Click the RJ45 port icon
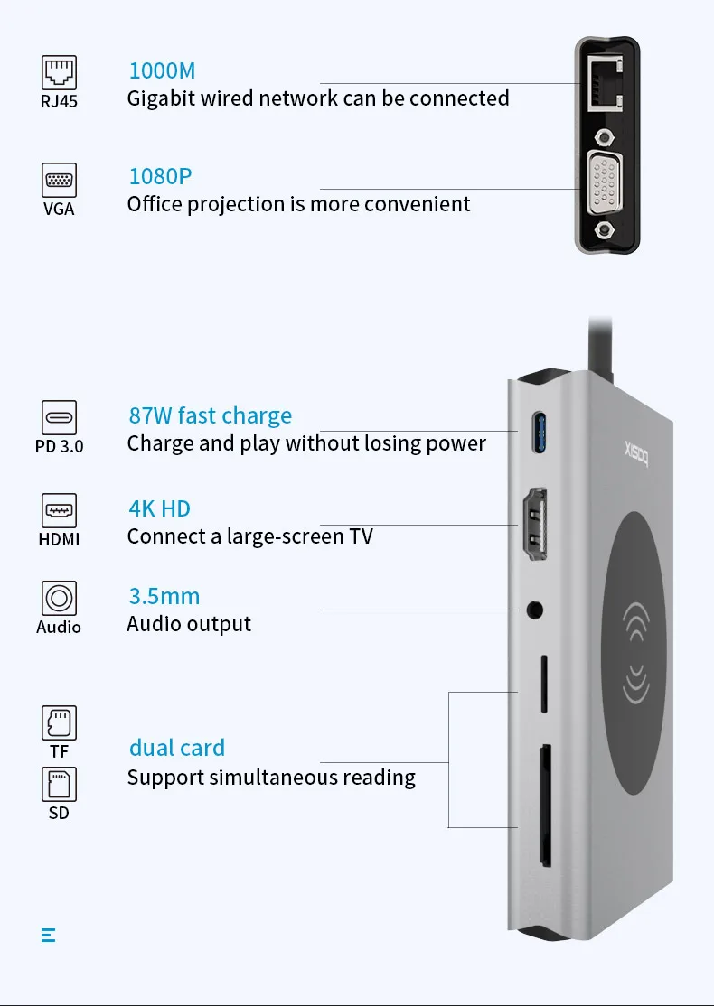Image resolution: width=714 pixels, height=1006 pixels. (x=60, y=72)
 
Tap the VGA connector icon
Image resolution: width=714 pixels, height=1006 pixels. (x=60, y=180)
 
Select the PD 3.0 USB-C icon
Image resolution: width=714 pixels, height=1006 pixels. (x=60, y=417)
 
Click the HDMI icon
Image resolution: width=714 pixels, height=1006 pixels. (x=60, y=510)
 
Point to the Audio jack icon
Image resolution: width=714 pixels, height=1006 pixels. (x=60, y=598)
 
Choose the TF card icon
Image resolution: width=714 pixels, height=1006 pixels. (x=60, y=722)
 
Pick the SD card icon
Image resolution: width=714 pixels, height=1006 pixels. (x=60, y=784)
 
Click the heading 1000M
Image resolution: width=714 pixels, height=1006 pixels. (x=162, y=70)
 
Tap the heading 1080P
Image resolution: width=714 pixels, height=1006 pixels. (x=160, y=176)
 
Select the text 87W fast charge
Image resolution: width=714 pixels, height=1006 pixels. (x=210, y=415)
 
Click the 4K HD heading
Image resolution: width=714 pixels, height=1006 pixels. (x=159, y=508)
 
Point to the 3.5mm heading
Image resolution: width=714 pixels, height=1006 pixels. (x=164, y=596)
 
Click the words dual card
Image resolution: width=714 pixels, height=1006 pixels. (x=176, y=748)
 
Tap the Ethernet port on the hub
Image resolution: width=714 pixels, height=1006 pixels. (x=601, y=84)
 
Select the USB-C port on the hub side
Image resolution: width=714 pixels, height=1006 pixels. (x=540, y=431)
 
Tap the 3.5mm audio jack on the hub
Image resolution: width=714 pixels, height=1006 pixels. (x=536, y=610)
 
